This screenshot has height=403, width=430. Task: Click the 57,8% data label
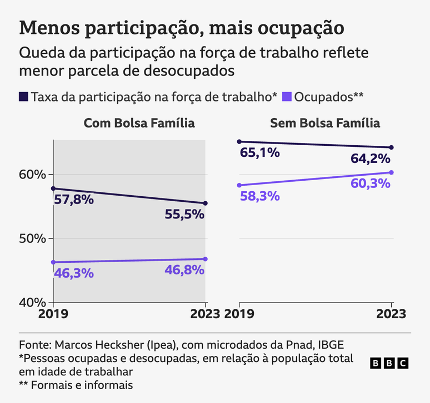pos(73,200)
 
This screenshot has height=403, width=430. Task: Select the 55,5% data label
pos(185,215)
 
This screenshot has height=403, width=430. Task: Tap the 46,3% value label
pos(73,273)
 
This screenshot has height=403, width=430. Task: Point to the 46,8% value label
pos(185,270)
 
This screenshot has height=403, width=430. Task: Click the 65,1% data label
pos(259,152)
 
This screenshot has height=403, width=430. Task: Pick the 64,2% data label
pos(371,159)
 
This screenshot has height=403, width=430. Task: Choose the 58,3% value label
pos(259,196)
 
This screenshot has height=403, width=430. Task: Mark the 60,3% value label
pos(371,183)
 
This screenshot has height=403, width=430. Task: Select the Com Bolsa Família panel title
pos(139,123)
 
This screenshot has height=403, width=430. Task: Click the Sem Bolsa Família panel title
pos(325,123)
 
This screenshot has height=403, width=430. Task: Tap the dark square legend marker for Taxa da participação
pos(23,96)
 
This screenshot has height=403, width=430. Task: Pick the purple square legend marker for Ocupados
pos(287,96)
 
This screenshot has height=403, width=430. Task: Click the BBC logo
pos(389,363)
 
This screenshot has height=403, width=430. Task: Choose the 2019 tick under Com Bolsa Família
pos(53,314)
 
